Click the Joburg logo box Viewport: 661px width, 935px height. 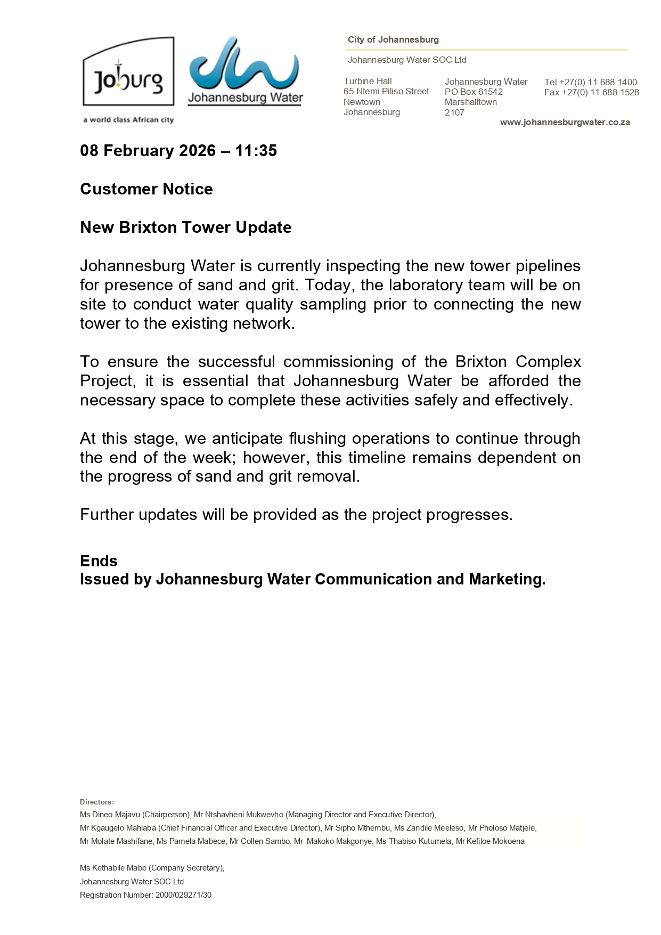coord(128,72)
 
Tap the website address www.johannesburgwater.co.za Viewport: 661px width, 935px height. coord(565,123)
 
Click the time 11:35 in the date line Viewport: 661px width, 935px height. coord(256,151)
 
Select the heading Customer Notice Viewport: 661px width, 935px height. coord(146,189)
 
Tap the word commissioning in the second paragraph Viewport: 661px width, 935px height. coord(338,362)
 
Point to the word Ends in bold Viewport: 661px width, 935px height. coord(99,561)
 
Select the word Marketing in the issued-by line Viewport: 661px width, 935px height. coord(507,580)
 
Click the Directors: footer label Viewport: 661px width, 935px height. coord(97,802)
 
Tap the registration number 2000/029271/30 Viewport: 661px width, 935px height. coord(183,895)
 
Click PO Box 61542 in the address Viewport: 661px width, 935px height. coord(474,92)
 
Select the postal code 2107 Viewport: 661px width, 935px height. coord(454,113)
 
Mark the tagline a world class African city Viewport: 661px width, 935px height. coord(128,120)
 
